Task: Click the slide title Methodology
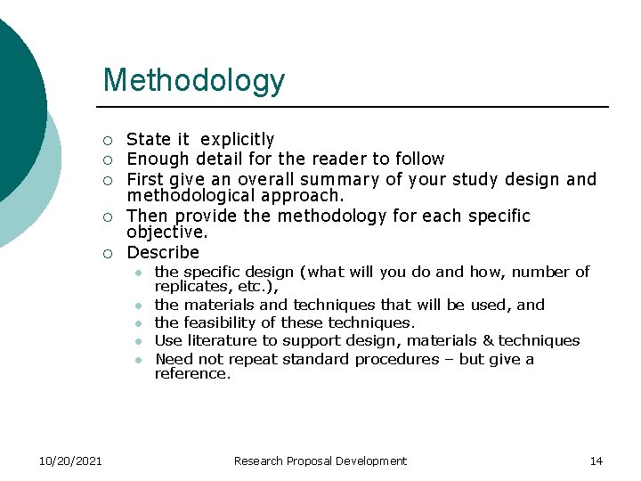[193, 80]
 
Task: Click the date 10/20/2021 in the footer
[70, 461]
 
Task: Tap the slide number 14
[596, 461]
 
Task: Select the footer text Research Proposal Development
[320, 461]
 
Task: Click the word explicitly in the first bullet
[238, 140]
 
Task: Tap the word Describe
[163, 253]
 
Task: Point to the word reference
[191, 374]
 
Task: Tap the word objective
[166, 233]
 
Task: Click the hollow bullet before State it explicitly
[107, 141]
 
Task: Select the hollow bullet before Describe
[107, 254]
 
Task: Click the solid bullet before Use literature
[139, 341]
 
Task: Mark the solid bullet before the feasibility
[139, 323]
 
